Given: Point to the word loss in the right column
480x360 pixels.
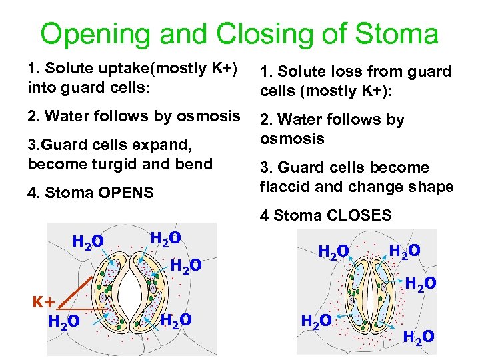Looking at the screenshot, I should click(x=353, y=71).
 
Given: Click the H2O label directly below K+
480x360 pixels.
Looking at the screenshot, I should click(x=65, y=322).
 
